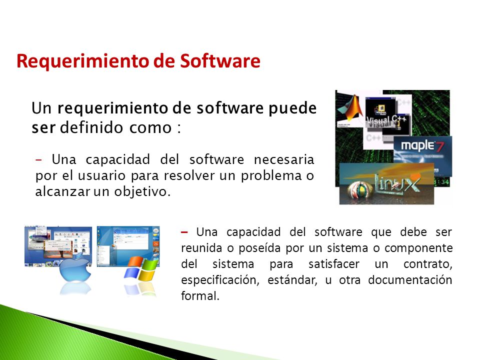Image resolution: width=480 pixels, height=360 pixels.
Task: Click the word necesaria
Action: tap(283, 160)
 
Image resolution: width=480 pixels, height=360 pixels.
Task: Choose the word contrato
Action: tap(431, 263)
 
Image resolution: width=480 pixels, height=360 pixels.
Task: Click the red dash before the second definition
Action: tap(185, 232)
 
